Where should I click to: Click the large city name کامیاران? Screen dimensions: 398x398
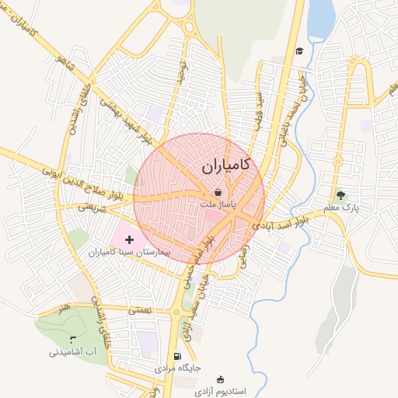pyautogui.click(x=225, y=166)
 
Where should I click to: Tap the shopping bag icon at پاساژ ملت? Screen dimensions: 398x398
pyautogui.click(x=218, y=191)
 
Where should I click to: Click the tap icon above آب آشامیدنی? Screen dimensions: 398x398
pyautogui.click(x=73, y=340)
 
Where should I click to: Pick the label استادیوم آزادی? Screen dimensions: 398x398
pyautogui.click(x=221, y=391)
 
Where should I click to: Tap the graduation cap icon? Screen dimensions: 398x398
pyautogui.click(x=298, y=51)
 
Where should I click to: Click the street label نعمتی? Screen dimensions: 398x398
pyautogui.click(x=141, y=309)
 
